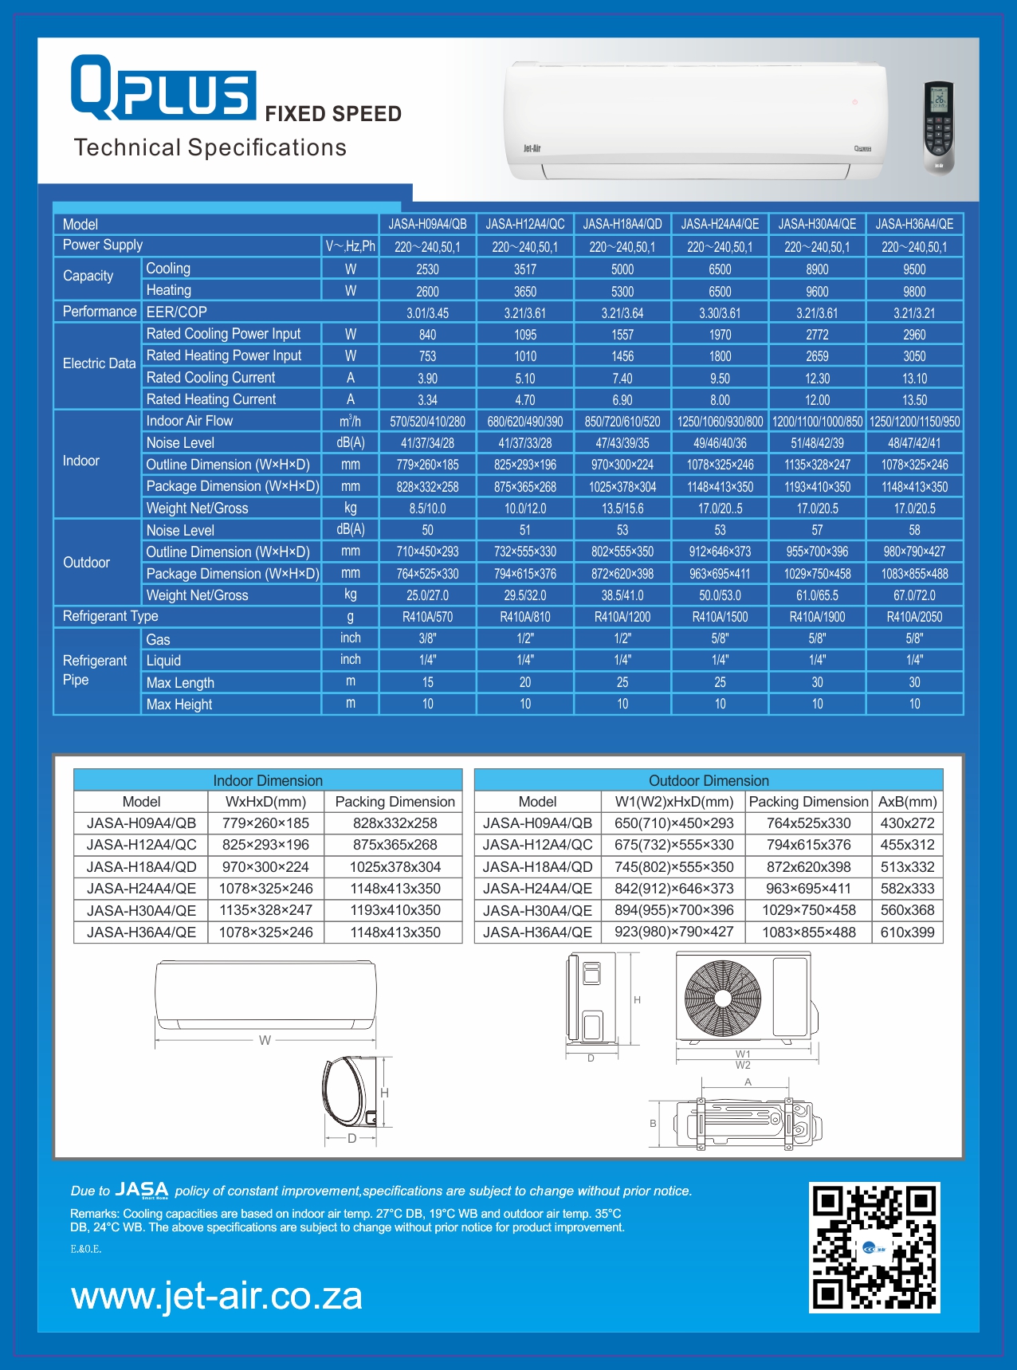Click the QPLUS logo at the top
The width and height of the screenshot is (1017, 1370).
click(x=163, y=88)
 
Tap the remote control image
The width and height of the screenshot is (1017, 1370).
click(x=939, y=127)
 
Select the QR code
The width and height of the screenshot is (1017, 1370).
click(x=874, y=1247)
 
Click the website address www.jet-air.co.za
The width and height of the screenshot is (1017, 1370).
click(x=217, y=1296)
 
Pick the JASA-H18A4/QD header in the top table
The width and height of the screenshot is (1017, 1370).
click(x=622, y=224)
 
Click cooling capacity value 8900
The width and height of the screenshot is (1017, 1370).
click(x=817, y=269)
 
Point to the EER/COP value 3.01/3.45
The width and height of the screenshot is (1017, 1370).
click(x=428, y=313)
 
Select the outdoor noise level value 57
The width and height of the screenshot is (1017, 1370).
click(x=817, y=530)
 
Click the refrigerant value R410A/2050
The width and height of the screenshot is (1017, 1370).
click(x=914, y=617)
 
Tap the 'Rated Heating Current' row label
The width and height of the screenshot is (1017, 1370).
click(x=211, y=399)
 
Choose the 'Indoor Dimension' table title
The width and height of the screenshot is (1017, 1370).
click(x=268, y=780)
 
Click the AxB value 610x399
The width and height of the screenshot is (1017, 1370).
click(x=908, y=932)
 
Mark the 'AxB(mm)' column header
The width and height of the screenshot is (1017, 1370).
click(x=908, y=802)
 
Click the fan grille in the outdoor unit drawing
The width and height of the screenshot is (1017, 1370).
click(x=723, y=998)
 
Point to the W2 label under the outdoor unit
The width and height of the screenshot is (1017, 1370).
click(x=743, y=1066)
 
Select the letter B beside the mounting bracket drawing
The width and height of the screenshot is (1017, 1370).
click(x=654, y=1124)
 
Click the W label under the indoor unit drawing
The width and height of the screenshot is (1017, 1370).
click(x=265, y=1040)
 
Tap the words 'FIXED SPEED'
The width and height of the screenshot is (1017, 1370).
click(x=333, y=114)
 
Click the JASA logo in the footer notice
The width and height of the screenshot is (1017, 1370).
click(x=142, y=1190)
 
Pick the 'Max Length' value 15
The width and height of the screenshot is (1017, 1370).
click(x=428, y=682)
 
